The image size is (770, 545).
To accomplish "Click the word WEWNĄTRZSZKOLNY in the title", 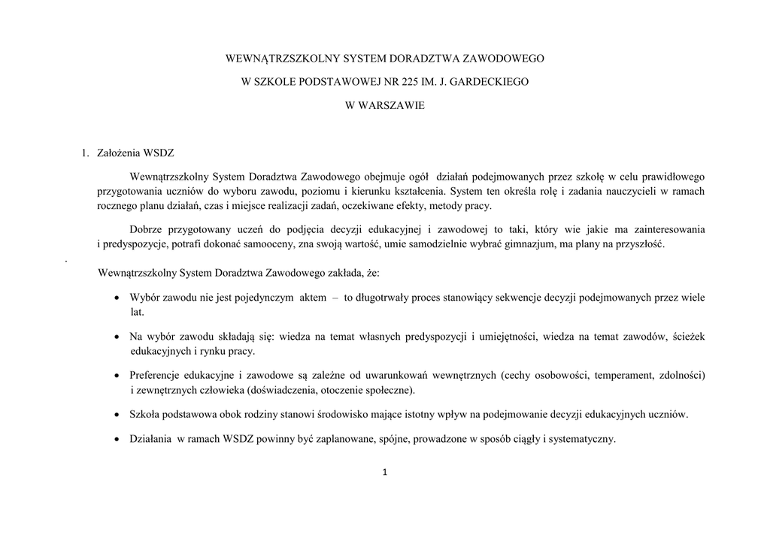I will tap(274, 57).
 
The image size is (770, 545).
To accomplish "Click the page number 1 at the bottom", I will tap(385, 473).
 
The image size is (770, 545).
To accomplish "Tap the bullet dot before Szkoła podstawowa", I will tap(117, 415).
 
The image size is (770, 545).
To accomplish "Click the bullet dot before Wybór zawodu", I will tap(117, 298).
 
